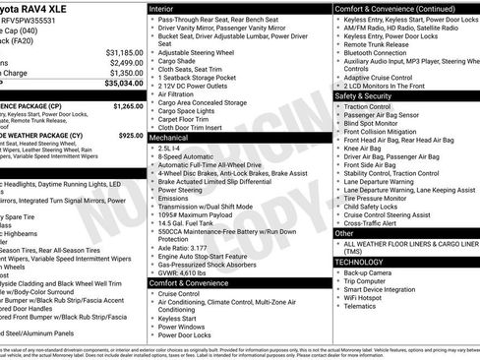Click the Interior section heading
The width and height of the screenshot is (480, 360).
163,7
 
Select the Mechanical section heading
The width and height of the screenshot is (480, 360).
170,139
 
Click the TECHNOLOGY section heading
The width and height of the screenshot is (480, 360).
360,262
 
